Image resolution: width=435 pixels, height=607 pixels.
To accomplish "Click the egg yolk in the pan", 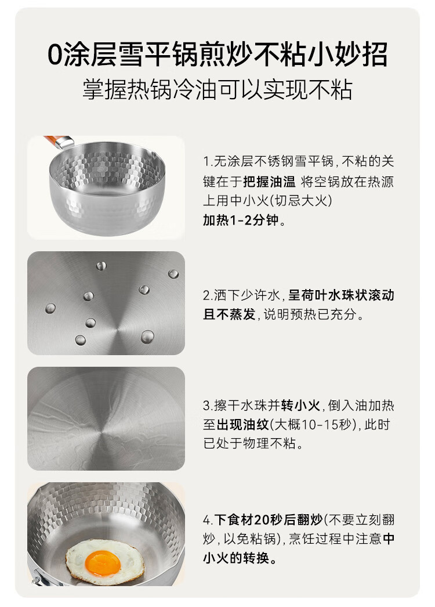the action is [103, 562].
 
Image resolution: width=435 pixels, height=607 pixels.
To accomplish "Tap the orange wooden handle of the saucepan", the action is [53, 140].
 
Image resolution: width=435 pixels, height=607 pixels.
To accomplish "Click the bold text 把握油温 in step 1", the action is [269, 181].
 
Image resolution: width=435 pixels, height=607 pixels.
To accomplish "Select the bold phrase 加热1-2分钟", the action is [241, 220].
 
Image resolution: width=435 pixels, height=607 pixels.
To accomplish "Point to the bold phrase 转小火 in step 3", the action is [300, 405].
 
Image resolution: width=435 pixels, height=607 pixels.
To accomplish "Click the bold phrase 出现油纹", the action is [242, 424].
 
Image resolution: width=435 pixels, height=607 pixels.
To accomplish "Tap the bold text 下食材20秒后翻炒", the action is [268, 519].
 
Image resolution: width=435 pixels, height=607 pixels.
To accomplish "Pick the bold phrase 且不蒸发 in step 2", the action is [230, 314].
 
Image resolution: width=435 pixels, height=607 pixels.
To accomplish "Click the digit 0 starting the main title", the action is [55, 55].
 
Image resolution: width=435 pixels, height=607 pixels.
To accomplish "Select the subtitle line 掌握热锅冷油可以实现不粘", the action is [217, 90].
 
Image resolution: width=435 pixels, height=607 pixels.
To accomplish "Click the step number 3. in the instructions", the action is [208, 406].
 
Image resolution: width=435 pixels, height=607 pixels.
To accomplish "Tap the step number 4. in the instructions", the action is [208, 520].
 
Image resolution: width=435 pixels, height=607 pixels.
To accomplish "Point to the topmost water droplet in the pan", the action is [101, 266].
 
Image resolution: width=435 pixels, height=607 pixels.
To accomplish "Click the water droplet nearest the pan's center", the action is [147, 337].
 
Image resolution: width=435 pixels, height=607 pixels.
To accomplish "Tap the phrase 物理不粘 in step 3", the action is [269, 443].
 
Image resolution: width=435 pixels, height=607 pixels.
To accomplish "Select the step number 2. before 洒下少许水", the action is [208, 295].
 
